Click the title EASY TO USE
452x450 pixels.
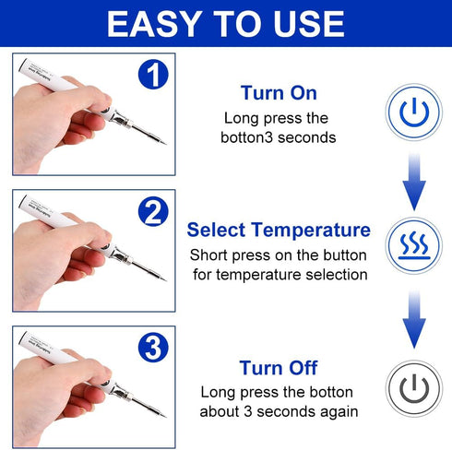pos(226,24)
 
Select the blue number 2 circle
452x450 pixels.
pos(152,213)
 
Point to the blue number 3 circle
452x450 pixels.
pos(152,349)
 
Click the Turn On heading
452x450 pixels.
pos(279,93)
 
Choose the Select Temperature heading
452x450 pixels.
pos(279,230)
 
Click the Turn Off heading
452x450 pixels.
pos(279,368)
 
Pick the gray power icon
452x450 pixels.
pos(414,385)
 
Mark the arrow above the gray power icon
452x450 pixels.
pos(414,318)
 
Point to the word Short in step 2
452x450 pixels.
pos(209,255)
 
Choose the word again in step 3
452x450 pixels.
pos(339,411)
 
